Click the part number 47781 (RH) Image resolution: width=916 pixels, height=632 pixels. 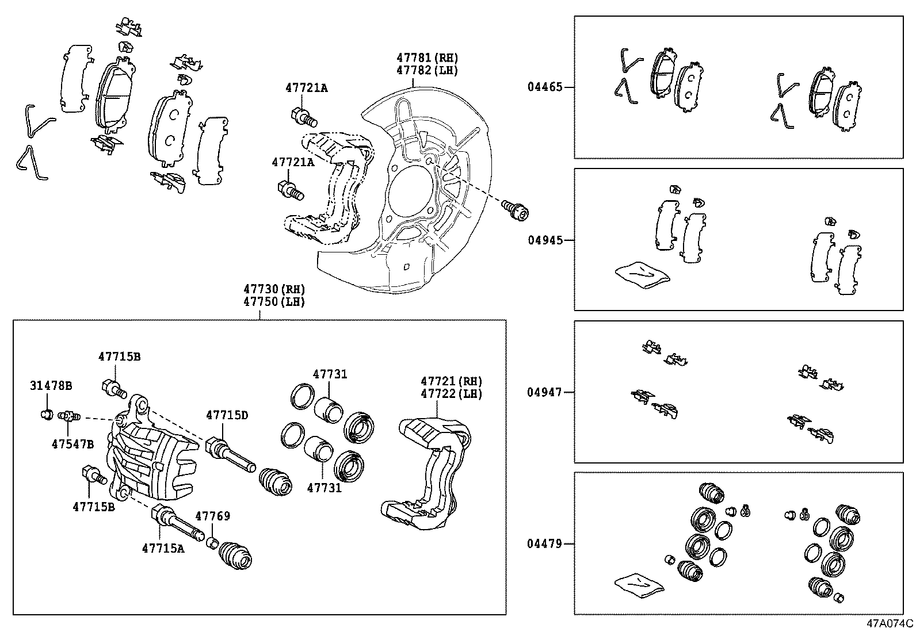coord(427,58)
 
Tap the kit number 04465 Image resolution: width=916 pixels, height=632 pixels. coord(545,87)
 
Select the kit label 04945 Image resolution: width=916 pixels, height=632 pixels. coord(545,240)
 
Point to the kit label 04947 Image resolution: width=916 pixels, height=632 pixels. coord(545,392)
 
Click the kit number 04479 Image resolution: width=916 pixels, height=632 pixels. coord(545,543)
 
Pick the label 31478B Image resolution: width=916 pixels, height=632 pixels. coord(51,385)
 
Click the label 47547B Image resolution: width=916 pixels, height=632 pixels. coord(72,444)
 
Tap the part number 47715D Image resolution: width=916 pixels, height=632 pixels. coord(227,415)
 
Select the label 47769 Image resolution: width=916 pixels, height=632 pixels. coord(212,516)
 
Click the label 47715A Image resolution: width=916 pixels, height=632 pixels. coord(163,548)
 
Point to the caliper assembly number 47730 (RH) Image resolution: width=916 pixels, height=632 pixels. coord(273,289)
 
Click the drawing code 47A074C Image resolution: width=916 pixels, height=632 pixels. coord(891,623)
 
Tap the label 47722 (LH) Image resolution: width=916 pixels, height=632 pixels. coord(451,393)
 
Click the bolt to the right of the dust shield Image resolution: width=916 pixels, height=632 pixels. coord(514,209)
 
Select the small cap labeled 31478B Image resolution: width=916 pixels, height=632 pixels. coord(47,413)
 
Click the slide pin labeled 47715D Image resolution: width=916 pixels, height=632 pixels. coord(229,454)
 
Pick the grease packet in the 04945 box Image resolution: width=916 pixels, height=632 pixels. coord(642,274)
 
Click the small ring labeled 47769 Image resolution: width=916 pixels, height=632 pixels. coord(212,542)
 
